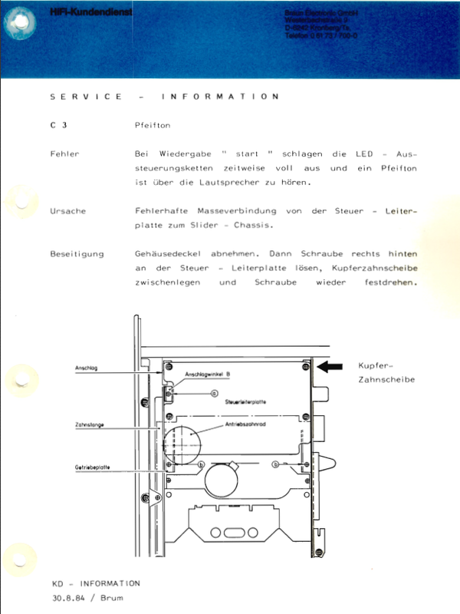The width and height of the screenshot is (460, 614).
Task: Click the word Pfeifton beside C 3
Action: coord(152,124)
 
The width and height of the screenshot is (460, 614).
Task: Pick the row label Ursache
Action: coord(67,210)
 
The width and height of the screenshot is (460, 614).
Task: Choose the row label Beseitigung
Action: coord(77,253)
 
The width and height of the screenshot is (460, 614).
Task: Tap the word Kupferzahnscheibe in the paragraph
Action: coord(374,268)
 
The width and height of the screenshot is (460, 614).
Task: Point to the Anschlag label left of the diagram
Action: coord(85,369)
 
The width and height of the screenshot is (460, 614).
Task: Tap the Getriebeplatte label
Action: coord(90,467)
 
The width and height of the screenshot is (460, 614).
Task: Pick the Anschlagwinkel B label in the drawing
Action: coord(207,375)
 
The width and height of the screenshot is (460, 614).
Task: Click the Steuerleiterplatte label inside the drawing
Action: coord(245,401)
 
